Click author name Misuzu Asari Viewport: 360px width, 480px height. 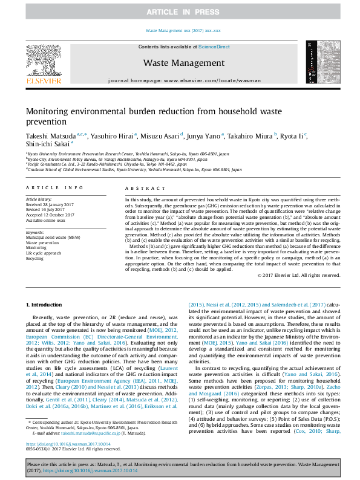coord(165,135)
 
